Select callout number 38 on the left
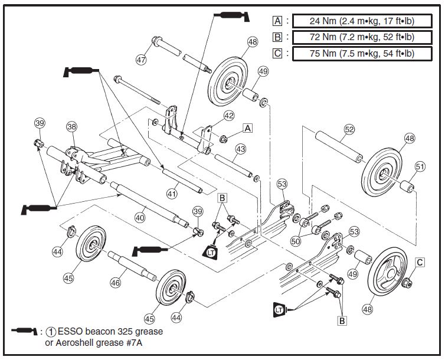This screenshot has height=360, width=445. (x=71, y=126)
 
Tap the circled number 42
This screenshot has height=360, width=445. (x=229, y=116)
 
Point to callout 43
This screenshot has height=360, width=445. (x=240, y=150)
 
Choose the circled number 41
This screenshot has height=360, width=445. (x=172, y=193)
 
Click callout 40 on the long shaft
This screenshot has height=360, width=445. (x=139, y=217)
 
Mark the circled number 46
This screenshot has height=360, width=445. (x=116, y=283)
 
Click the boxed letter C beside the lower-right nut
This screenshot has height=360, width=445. (x=420, y=262)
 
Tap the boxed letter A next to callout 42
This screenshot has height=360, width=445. (x=248, y=127)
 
